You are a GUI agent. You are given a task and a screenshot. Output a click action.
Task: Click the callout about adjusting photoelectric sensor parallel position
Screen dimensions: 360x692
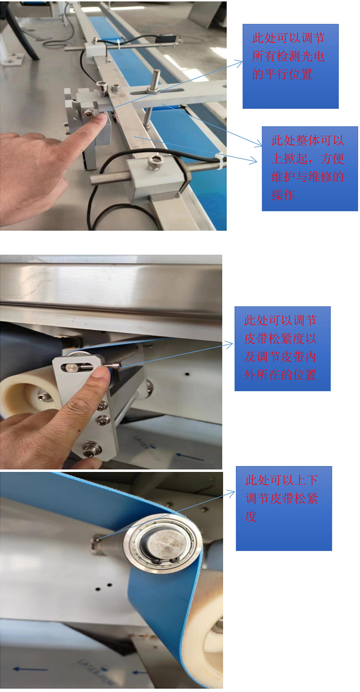(291, 67)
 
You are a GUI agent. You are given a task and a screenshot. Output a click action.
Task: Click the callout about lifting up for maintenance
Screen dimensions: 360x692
(310, 169)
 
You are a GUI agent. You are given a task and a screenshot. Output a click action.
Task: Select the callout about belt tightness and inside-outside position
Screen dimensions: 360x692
(283, 349)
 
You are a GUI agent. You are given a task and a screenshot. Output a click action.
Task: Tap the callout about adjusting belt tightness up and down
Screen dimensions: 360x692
(284, 508)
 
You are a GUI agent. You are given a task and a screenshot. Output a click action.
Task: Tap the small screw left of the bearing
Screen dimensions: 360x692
(96, 540)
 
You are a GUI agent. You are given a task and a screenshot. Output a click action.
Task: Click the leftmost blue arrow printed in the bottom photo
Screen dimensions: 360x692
(30, 669)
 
